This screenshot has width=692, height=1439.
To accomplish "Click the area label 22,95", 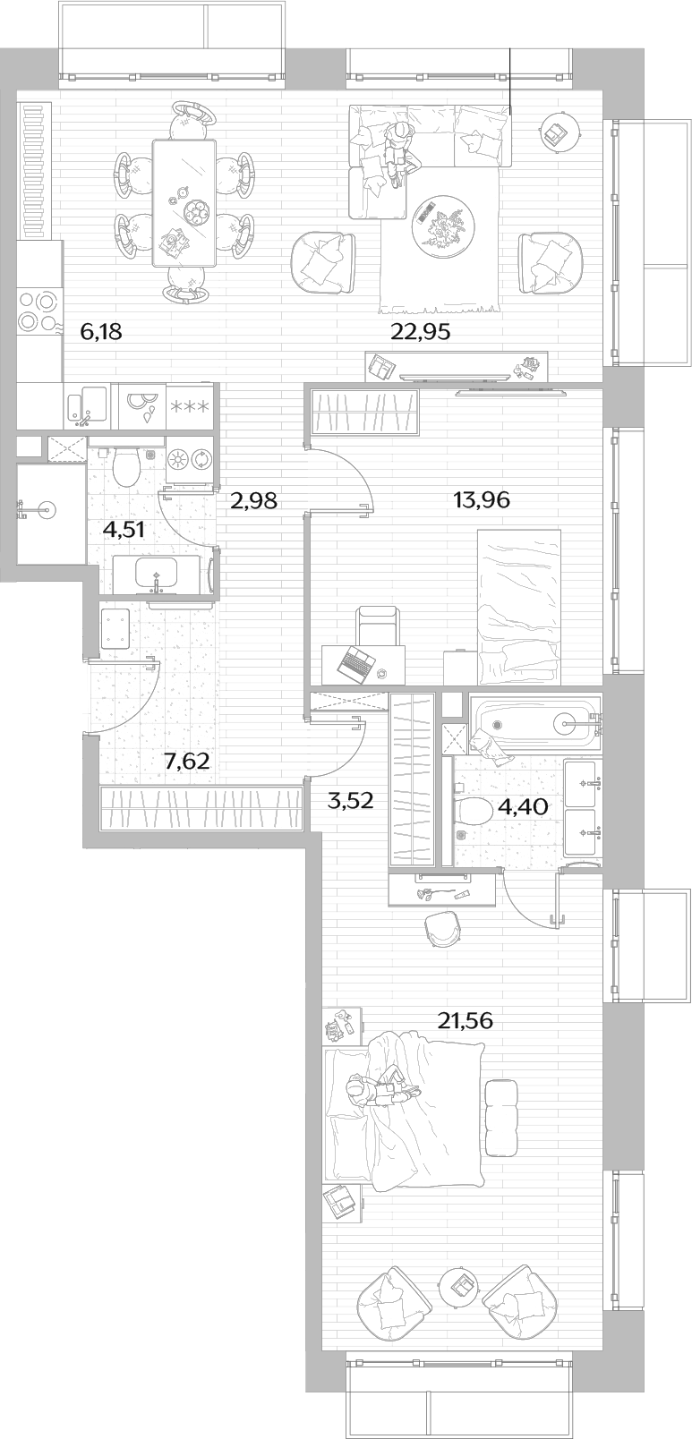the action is pyautogui.click(x=421, y=332).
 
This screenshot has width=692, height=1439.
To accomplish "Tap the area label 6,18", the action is pyautogui.click(x=101, y=332).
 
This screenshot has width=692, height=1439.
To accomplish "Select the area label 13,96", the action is pyautogui.click(x=482, y=499).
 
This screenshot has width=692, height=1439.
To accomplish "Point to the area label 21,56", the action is pyautogui.click(x=466, y=1020).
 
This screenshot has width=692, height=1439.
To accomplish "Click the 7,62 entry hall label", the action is pyautogui.click(x=187, y=762).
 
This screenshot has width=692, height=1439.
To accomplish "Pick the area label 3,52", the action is pyautogui.click(x=350, y=801).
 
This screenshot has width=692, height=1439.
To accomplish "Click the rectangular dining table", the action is pyautogui.click(x=184, y=204).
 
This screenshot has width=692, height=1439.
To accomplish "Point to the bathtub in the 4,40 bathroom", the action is pyautogui.click(x=535, y=723).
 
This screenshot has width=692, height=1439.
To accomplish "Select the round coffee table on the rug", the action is pyautogui.click(x=443, y=225).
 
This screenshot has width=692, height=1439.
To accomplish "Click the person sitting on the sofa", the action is pyautogui.click(x=398, y=154).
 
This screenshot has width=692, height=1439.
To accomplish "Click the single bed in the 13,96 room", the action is pyautogui.click(x=518, y=607).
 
